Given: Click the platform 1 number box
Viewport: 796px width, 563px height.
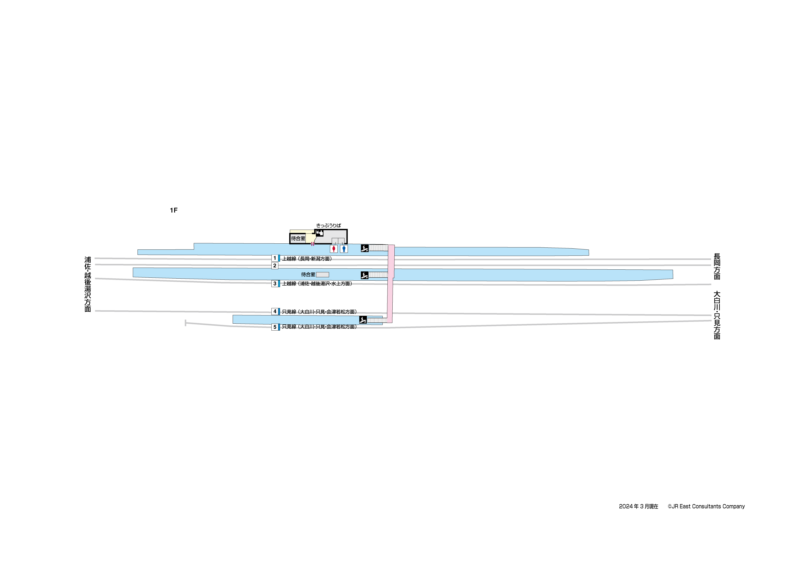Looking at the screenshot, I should point(275,258).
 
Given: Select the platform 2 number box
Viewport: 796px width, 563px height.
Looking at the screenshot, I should point(275,266).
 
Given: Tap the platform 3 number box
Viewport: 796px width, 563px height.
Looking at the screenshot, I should point(275,284).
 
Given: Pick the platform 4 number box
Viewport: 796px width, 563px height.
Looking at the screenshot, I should point(275,312).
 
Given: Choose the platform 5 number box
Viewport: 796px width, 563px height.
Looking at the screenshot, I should point(275,327).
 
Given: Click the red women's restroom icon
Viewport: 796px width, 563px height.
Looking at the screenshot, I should point(334,249).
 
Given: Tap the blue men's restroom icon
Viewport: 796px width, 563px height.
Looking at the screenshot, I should point(344,249).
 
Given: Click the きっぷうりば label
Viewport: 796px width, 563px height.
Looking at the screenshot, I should point(328,226).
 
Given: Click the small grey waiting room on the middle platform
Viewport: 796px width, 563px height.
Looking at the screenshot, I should point(322,274).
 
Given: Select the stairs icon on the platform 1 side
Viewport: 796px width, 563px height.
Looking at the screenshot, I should point(364,248).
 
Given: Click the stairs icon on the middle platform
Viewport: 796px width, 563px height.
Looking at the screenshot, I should point(364,275).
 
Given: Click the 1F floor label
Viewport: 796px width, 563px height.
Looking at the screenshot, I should point(173,210).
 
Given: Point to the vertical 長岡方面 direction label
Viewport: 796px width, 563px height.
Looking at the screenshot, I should point(717,266).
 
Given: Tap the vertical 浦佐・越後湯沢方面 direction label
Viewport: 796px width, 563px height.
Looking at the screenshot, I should point(88,284).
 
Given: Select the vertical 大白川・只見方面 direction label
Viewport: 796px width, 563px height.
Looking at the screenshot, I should point(717,315).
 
